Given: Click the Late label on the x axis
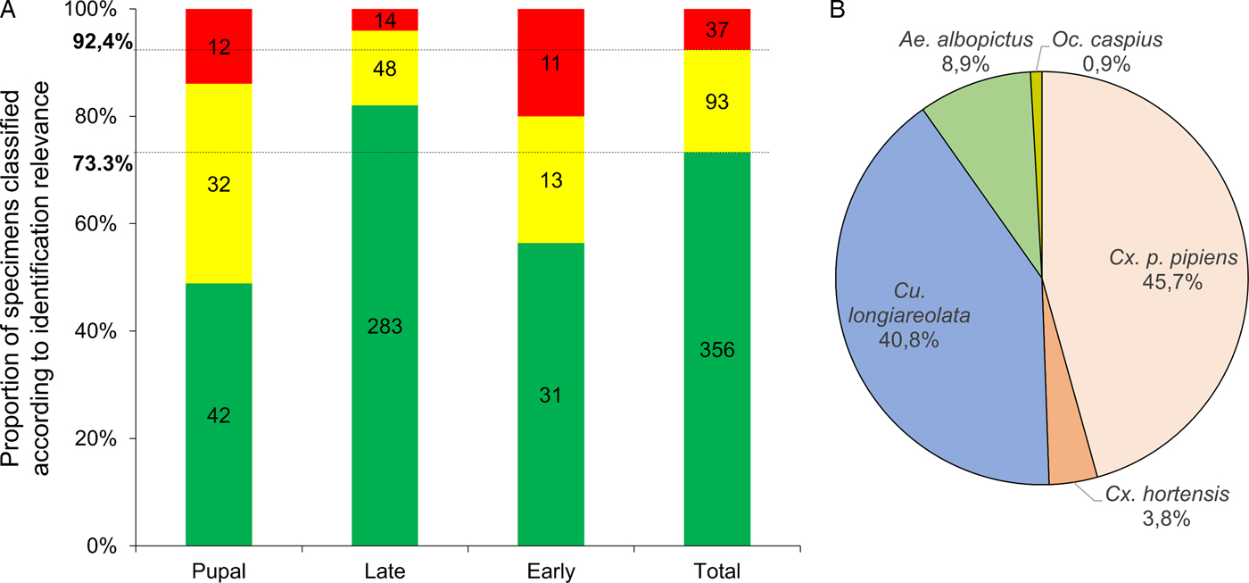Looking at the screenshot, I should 385,570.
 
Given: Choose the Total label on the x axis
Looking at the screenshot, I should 716,570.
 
